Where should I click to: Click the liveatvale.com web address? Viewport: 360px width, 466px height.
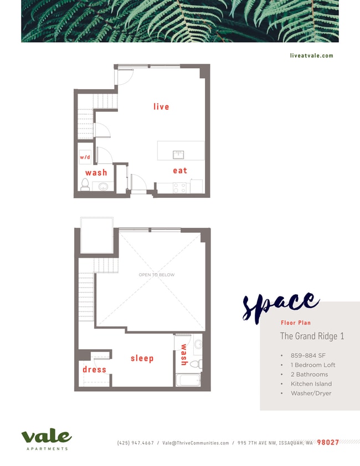coord(311,55)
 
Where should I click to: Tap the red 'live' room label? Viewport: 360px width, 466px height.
coord(161,106)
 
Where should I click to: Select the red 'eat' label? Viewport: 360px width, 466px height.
coord(180,171)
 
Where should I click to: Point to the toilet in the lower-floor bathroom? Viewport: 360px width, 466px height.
coord(85,185)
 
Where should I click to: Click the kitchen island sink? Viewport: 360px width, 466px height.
coord(178,155)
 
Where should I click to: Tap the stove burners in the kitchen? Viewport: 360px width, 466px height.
coord(179,188)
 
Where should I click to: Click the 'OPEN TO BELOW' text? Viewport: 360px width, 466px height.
coord(157,275)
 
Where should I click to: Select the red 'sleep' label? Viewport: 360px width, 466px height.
coord(142,359)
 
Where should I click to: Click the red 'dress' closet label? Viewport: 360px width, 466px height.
coord(94,370)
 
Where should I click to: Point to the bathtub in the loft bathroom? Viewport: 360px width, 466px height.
coord(188,380)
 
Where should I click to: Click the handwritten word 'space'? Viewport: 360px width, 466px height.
coord(280,305)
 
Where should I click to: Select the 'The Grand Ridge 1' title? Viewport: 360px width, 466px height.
coord(312,336)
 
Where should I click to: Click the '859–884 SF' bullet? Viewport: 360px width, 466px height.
coord(309,356)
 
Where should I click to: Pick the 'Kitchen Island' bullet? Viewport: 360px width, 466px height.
coord(311,384)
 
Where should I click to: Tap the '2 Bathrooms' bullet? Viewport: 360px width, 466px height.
coord(309,375)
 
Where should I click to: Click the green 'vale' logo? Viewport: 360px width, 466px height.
coord(47,438)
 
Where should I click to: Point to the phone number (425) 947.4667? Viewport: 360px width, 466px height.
coord(136,443)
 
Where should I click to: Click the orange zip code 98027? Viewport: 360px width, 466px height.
coord(327,443)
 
